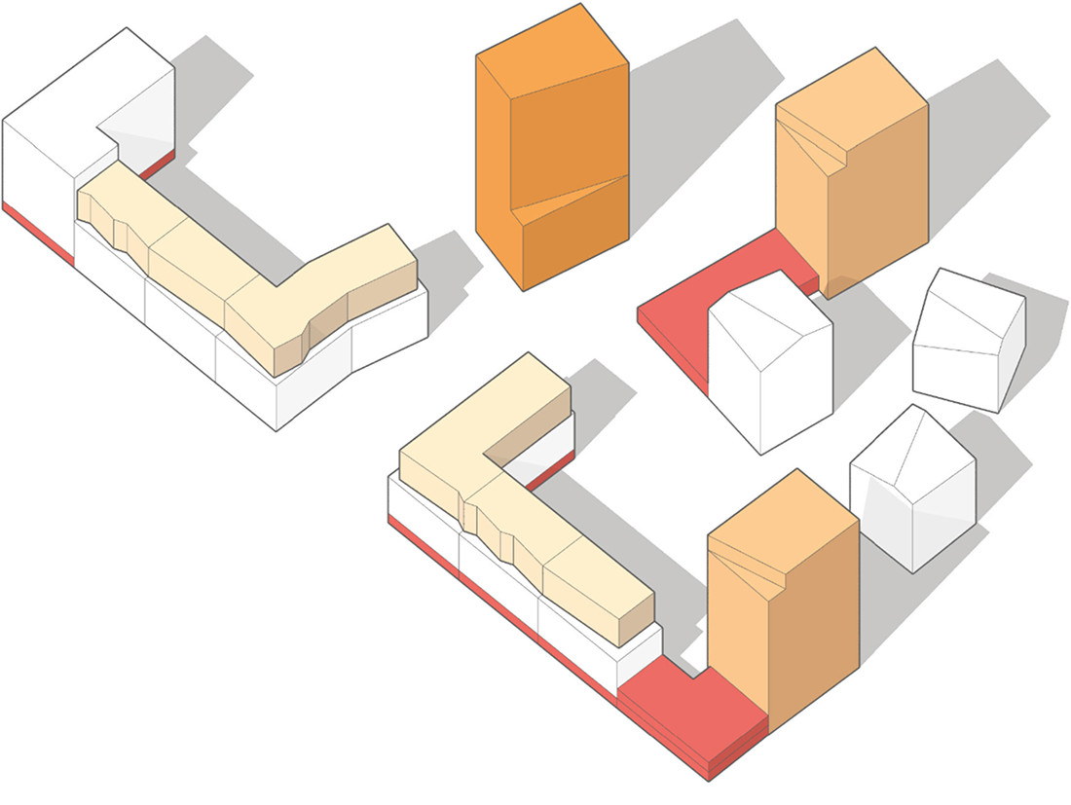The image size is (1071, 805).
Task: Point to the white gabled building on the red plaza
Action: pos(769,370)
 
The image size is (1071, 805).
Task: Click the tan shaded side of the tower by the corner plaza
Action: pos(813,623)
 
